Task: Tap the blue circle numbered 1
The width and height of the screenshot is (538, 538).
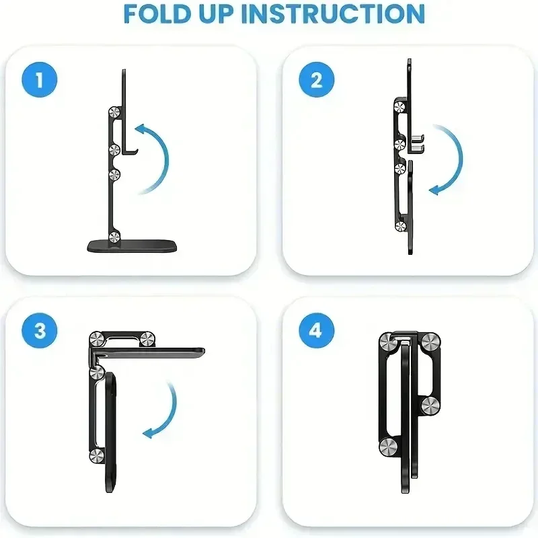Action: (x=38, y=81)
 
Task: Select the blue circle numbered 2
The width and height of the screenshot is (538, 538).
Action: (x=317, y=81)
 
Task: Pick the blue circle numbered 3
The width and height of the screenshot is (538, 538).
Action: (x=38, y=331)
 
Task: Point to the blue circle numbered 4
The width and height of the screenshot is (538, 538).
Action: (x=317, y=331)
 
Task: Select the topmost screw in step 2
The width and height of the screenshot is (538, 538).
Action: (x=399, y=106)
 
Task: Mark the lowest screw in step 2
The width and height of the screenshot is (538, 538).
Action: (x=401, y=227)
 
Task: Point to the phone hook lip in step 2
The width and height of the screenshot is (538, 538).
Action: (x=419, y=143)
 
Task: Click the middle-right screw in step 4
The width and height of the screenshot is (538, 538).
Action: (x=430, y=405)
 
